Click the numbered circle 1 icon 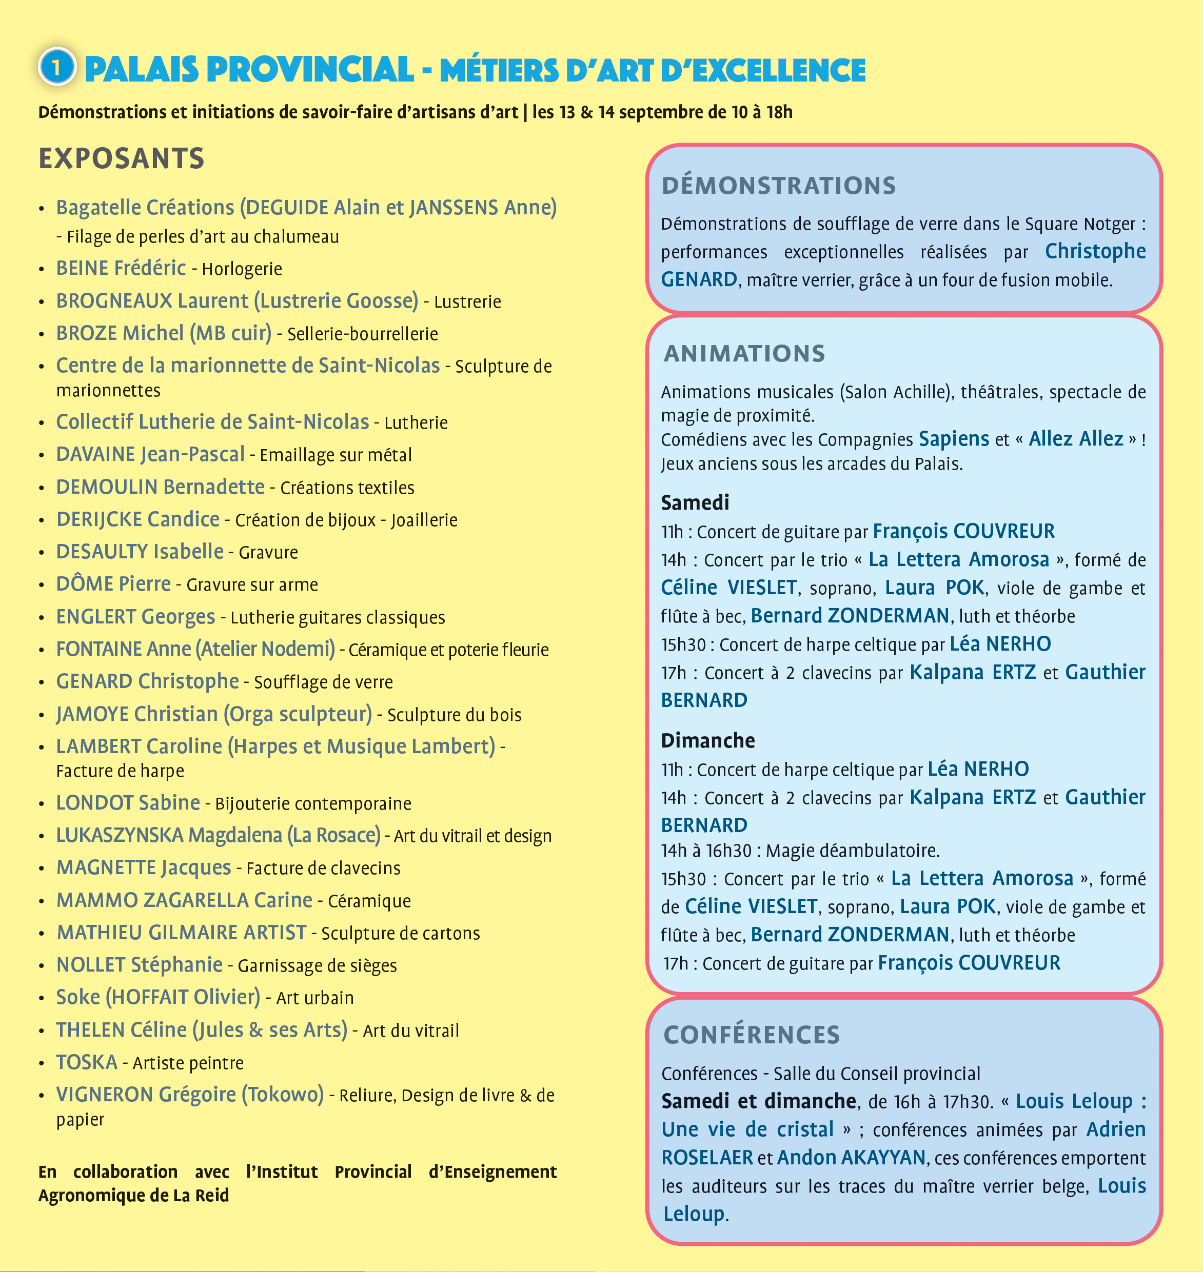57,67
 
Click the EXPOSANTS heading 121,158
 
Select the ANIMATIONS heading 744,353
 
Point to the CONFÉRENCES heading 752,1034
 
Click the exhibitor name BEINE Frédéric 121,268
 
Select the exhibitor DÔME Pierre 113,584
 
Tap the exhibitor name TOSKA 87,1062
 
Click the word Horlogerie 242,269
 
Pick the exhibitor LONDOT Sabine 128,802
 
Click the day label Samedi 695,502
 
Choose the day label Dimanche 707,740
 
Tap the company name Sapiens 954,439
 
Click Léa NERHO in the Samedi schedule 1000,643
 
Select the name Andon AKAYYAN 851,1157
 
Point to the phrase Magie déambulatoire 852,851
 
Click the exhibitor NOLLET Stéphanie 139,964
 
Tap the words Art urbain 315,998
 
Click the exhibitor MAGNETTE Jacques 144,867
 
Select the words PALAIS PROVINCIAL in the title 249,69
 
